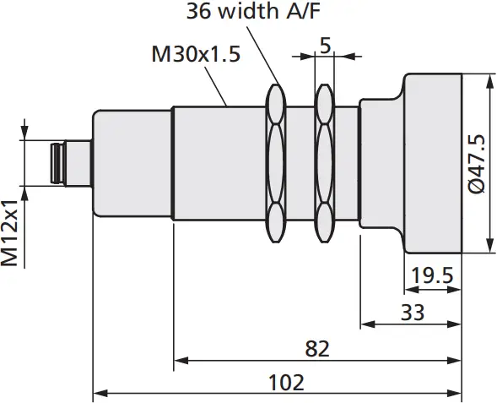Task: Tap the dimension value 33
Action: tap(412, 312)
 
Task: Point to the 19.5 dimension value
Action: tap(430, 275)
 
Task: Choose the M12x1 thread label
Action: tap(11, 234)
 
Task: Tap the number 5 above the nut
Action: tap(325, 46)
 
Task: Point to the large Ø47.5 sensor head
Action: tap(433, 162)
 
